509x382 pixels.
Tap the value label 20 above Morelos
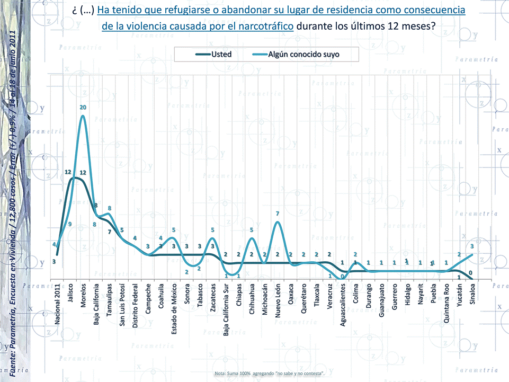click(83, 108)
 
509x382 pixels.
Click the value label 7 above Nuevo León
click(278, 214)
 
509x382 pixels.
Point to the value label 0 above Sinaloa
click(470, 273)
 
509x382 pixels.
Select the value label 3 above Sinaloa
click(471, 246)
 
